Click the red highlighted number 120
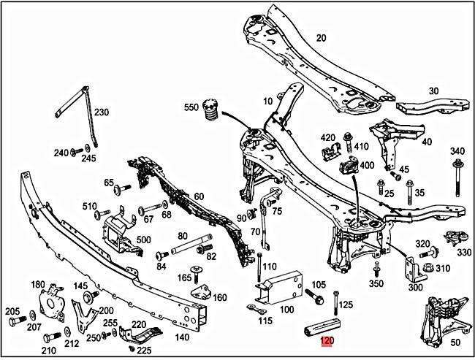pyautogui.click(x=327, y=340)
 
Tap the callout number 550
pyautogui.click(x=191, y=107)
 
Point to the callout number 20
pyautogui.click(x=321, y=39)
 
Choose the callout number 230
pyautogui.click(x=101, y=112)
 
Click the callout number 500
pyautogui.click(x=142, y=240)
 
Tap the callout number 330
pyautogui.click(x=464, y=252)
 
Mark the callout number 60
pyautogui.click(x=198, y=196)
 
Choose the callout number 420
pyautogui.click(x=327, y=137)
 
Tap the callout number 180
pyautogui.click(x=37, y=284)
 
